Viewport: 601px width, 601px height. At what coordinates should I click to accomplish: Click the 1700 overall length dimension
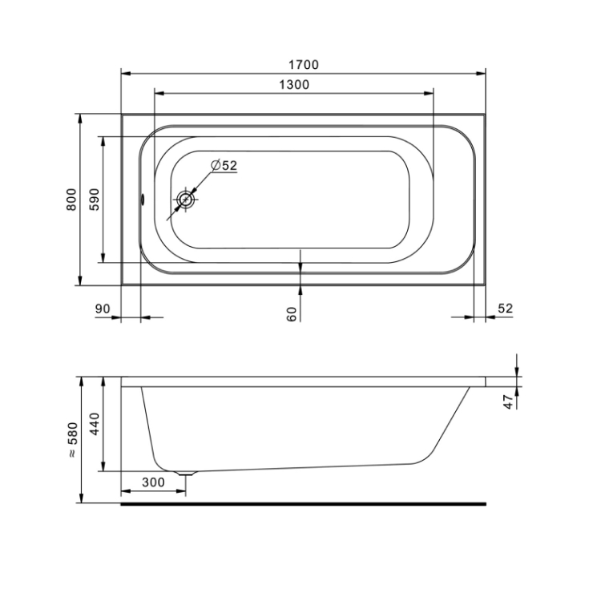(303, 65)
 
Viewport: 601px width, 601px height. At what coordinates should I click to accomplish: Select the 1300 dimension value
(293, 84)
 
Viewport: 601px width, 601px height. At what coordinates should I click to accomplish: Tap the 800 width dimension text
(71, 200)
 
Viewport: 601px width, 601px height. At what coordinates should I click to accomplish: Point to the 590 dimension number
(95, 200)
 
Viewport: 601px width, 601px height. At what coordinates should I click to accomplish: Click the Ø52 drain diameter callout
(224, 165)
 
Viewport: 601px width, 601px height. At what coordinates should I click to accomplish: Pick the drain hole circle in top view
(186, 200)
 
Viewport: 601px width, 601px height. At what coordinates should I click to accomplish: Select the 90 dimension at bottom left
(103, 309)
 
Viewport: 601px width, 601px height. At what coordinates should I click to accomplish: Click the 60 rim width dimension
(292, 314)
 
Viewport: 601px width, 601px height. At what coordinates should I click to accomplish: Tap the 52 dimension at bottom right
(505, 309)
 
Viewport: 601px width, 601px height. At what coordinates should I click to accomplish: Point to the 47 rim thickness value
(508, 401)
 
